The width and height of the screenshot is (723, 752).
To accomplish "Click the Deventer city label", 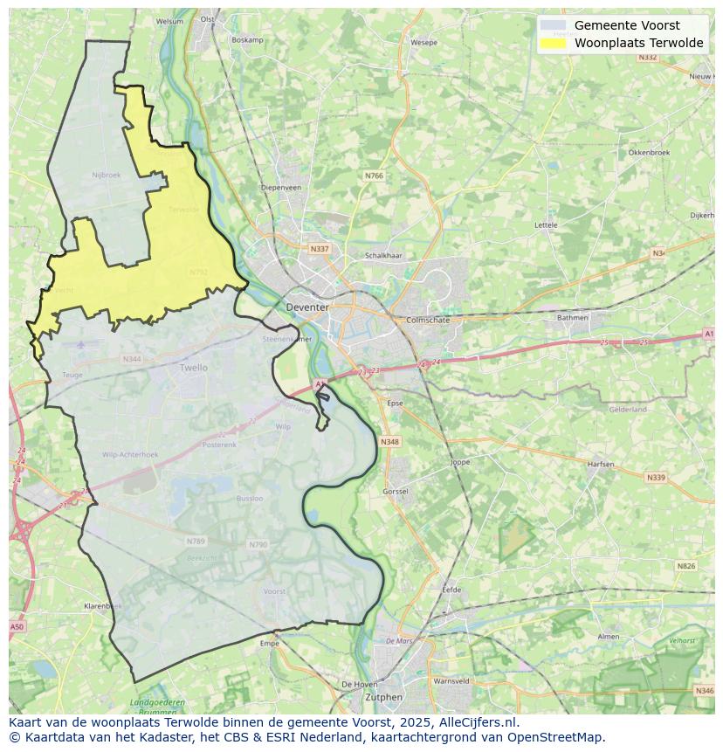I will [x=307, y=307].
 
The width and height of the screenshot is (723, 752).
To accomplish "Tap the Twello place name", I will [x=194, y=368].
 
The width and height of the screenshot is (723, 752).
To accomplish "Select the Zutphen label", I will [x=384, y=697].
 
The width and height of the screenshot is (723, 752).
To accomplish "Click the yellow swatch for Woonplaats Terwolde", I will [x=553, y=43].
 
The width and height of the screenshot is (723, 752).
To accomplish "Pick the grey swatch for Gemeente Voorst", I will [x=553, y=25].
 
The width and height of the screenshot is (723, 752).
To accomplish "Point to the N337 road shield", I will [x=320, y=249].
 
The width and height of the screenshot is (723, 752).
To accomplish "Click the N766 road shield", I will [x=374, y=176].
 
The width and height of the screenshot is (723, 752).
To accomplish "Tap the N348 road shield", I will [x=389, y=442].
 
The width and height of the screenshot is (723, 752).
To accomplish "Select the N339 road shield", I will [x=655, y=478].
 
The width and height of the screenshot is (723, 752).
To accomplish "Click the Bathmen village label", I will [x=573, y=318].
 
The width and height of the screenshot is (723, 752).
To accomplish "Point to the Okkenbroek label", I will [x=649, y=152].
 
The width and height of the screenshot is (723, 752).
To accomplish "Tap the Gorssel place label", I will [x=396, y=492].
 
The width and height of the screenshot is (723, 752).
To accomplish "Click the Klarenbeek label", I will [x=102, y=605].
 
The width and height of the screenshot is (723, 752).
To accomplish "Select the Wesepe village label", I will [x=423, y=42].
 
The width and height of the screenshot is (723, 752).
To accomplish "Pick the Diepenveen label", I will [x=281, y=187].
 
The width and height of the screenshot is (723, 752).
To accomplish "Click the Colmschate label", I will [x=428, y=320].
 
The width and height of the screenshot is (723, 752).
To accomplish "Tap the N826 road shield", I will [x=686, y=566].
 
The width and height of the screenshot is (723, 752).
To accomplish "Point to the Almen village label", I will [x=608, y=637].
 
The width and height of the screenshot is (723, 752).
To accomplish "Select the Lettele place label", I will [x=546, y=224].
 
